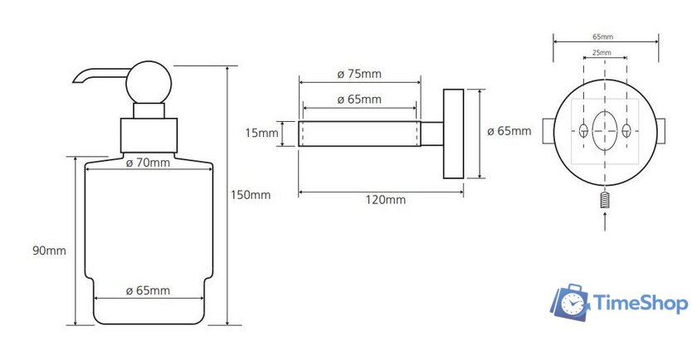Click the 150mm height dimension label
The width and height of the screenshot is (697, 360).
[x=251, y=195]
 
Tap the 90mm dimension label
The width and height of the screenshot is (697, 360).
[x=49, y=251]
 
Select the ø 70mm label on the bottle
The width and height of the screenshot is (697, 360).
[x=148, y=163]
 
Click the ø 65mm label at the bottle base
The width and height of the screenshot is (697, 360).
[x=148, y=290]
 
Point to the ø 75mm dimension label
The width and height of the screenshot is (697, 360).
[x=359, y=74]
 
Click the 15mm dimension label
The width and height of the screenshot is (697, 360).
[x=262, y=133]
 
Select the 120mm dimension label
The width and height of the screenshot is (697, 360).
[x=386, y=200]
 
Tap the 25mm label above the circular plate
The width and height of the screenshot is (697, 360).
[x=602, y=52]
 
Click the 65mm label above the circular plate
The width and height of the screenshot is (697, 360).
[x=602, y=36]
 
